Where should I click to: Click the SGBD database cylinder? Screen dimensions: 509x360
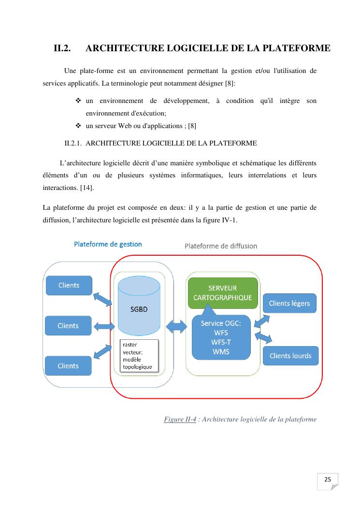click(139, 309)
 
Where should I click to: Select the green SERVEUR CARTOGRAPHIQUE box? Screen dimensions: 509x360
click(222, 292)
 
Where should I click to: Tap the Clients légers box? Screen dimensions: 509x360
click(289, 304)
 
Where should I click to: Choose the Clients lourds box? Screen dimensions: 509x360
click(290, 356)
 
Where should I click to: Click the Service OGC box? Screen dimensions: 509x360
click(221, 337)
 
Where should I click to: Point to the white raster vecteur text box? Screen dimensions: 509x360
click(139, 356)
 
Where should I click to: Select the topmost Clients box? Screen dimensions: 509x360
click(69, 285)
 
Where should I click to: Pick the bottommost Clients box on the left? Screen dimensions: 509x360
click(68, 366)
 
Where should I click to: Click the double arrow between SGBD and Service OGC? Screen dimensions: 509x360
click(176, 326)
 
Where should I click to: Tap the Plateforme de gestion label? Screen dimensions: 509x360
click(108, 244)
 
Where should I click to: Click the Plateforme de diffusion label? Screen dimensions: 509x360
click(221, 246)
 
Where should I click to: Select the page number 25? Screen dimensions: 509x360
click(327, 480)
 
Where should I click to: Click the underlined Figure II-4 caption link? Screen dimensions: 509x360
click(180, 419)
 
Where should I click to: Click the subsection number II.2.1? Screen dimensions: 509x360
click(75, 143)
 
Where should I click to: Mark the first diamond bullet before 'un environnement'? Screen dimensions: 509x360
click(78, 101)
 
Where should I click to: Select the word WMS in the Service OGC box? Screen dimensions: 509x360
click(221, 351)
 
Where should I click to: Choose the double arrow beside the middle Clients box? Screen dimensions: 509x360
click(103, 327)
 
